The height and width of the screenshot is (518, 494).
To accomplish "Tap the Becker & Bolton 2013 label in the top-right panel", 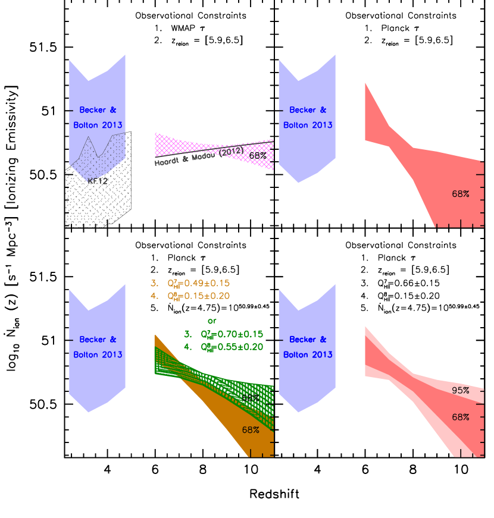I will (308, 118).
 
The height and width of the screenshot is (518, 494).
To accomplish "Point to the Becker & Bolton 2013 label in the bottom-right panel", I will (308, 347).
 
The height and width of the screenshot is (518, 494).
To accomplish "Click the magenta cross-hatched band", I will (179, 144).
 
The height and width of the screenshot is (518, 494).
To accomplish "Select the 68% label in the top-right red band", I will (461, 194).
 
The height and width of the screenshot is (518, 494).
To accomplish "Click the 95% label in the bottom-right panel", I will (461, 391).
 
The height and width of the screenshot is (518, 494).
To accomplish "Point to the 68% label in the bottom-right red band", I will (461, 417).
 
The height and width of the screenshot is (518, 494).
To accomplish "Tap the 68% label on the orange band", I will (251, 429).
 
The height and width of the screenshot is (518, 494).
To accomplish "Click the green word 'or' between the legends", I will (212, 321).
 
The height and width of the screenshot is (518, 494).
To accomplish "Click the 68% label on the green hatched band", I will (251, 397).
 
